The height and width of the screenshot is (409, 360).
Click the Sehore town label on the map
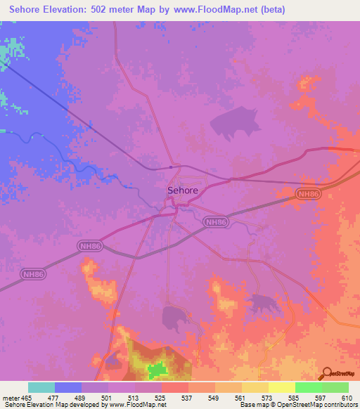(182, 190)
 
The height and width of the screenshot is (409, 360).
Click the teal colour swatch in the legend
(41, 387)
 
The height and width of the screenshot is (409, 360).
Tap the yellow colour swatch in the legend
(281, 387)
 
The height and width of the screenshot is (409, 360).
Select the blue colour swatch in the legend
(67, 387)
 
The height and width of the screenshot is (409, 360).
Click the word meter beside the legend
(10, 398)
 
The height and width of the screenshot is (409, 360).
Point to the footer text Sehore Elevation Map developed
(42, 405)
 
